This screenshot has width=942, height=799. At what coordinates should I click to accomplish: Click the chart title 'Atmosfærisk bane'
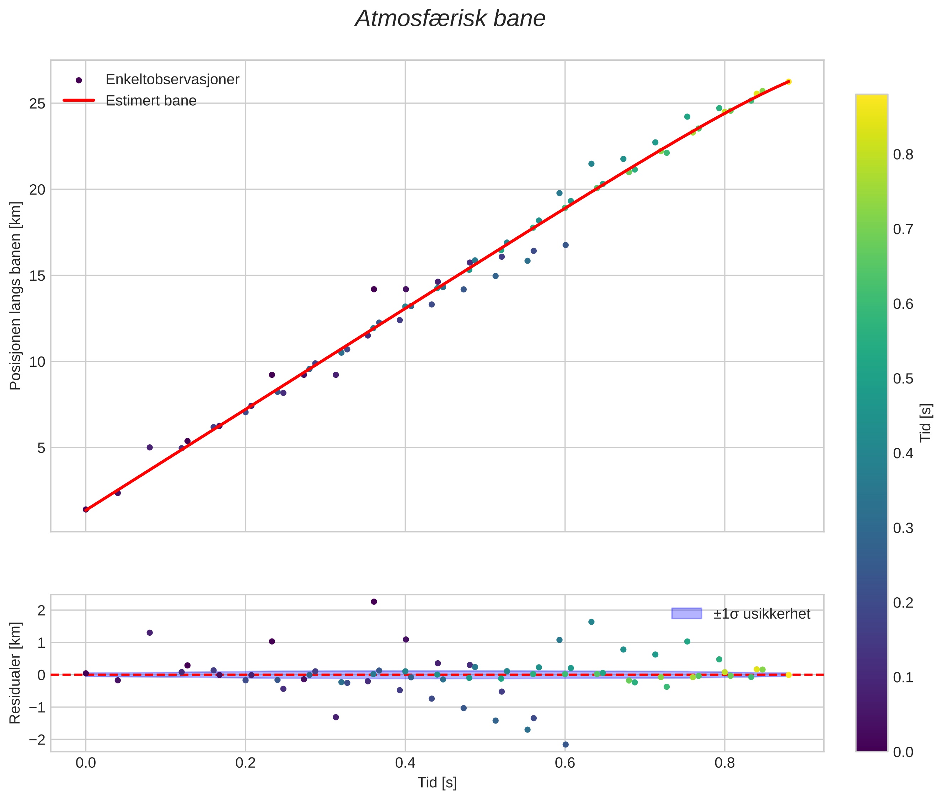coord(450,19)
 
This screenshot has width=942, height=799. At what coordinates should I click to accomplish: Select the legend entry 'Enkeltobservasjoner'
coord(172,80)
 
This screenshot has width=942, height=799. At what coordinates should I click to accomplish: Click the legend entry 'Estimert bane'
coord(151,101)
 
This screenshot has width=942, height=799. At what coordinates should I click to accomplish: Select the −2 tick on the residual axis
coord(37,740)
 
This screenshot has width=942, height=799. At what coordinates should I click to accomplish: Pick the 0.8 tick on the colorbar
coord(903,155)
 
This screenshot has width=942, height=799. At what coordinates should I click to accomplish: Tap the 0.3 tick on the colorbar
coord(903,528)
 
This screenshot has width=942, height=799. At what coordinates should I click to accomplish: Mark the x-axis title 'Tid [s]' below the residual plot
coord(437,783)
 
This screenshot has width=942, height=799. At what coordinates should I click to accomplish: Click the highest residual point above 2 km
coord(374,602)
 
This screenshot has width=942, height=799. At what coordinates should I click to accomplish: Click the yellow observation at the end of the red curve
coord(788,82)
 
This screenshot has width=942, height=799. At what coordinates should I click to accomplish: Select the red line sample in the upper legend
coord(79,101)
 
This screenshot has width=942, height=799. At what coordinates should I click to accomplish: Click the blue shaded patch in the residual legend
coord(686,614)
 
